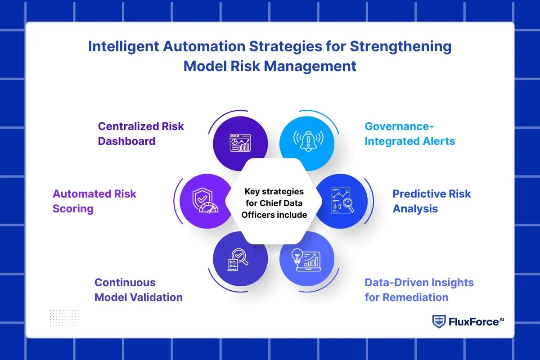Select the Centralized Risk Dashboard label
[x=141, y=133]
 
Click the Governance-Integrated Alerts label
[x=409, y=133]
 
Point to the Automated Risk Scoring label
[x=94, y=201]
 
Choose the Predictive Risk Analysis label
[x=432, y=201]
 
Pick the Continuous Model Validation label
[x=138, y=290]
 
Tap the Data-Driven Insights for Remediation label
[x=419, y=290]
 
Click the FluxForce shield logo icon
[x=438, y=321]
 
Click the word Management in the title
[x=310, y=66]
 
